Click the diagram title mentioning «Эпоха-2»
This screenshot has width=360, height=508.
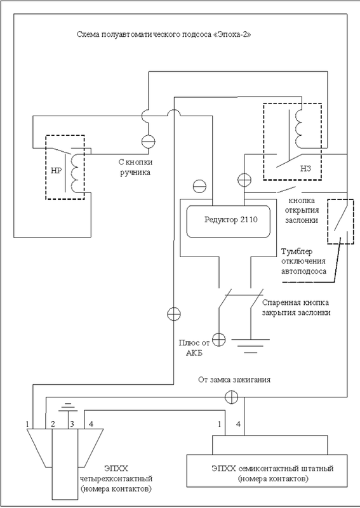(164, 34)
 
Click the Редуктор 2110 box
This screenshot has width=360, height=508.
(228, 221)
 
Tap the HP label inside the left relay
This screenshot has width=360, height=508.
(56, 171)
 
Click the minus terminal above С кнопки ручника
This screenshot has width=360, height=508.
(149, 142)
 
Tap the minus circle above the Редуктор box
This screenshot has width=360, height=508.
(199, 186)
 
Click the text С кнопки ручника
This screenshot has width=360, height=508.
(135, 166)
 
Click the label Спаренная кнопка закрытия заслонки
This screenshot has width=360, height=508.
(296, 307)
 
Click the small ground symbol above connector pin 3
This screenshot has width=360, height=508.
(67, 407)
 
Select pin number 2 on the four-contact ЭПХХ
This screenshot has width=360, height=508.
(54, 424)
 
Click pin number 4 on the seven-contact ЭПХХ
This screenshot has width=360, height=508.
(239, 424)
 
